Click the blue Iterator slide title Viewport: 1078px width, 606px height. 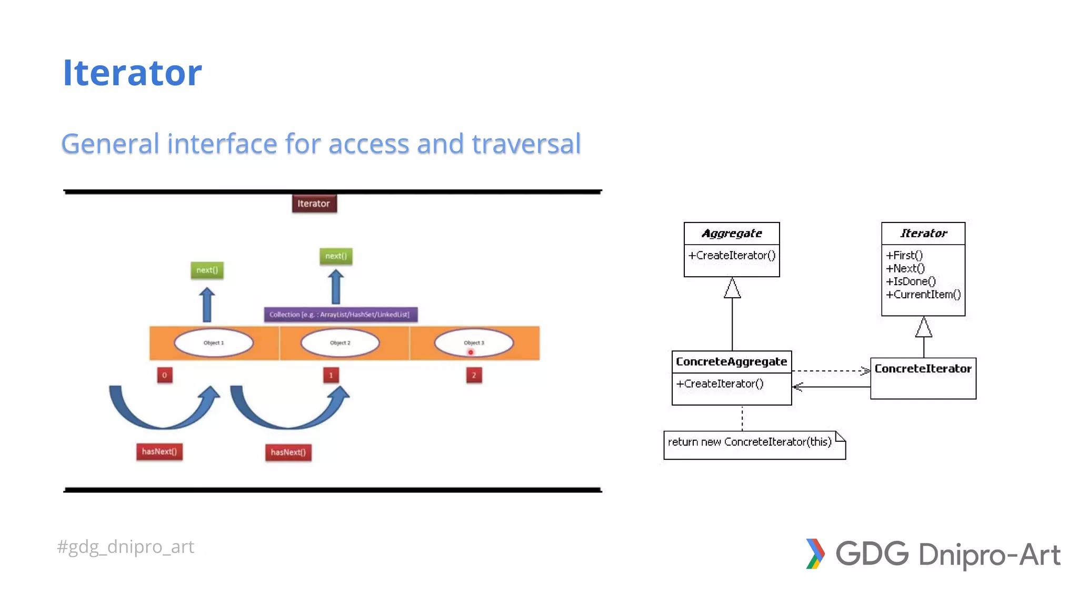132,73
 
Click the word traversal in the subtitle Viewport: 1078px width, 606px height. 526,144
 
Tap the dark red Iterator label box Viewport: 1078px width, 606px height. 314,204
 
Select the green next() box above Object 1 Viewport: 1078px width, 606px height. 207,270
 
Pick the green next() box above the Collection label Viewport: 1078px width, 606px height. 336,256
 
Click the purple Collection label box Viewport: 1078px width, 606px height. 340,315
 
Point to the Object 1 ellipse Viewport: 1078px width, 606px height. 214,342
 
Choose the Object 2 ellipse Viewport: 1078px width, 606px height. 340,342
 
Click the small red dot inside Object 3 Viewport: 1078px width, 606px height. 471,352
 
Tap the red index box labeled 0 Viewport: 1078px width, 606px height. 165,375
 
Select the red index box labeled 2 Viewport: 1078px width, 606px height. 474,375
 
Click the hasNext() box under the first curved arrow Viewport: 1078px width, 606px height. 159,451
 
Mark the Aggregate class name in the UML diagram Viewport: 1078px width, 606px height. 732,233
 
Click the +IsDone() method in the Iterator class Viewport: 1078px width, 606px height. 911,281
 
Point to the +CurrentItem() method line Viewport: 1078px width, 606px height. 923,295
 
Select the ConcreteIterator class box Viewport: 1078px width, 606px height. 923,379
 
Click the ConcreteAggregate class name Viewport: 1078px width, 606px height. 731,361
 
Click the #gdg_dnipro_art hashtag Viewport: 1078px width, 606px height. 126,547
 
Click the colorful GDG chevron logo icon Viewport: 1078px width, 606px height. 815,553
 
